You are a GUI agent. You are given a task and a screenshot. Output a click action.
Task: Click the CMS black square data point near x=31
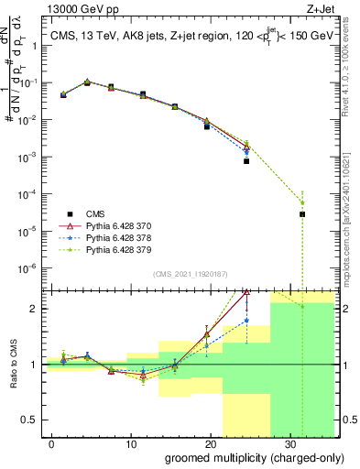(302, 214)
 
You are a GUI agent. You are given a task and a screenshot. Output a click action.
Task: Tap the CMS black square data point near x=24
(246, 161)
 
